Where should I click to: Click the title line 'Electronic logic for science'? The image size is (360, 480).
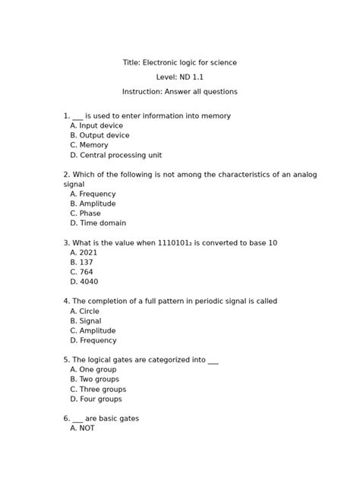click(179, 62)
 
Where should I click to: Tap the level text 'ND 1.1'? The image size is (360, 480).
click(190, 77)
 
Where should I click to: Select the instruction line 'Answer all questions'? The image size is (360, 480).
click(179, 91)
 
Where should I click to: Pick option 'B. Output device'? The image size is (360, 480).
click(99, 135)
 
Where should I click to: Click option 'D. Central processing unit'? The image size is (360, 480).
click(116, 154)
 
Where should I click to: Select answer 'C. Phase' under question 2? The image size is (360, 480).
click(85, 213)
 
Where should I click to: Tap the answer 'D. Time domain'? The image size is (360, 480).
click(97, 223)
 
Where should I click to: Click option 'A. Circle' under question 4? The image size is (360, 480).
click(84, 311)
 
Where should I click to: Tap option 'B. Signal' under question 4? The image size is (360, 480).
click(85, 321)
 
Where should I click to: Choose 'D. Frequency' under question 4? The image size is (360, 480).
click(93, 340)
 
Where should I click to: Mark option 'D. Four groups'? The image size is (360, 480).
click(96, 399)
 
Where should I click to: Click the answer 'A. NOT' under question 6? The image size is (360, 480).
click(81, 428)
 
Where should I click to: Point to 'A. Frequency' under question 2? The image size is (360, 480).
click(93, 194)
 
